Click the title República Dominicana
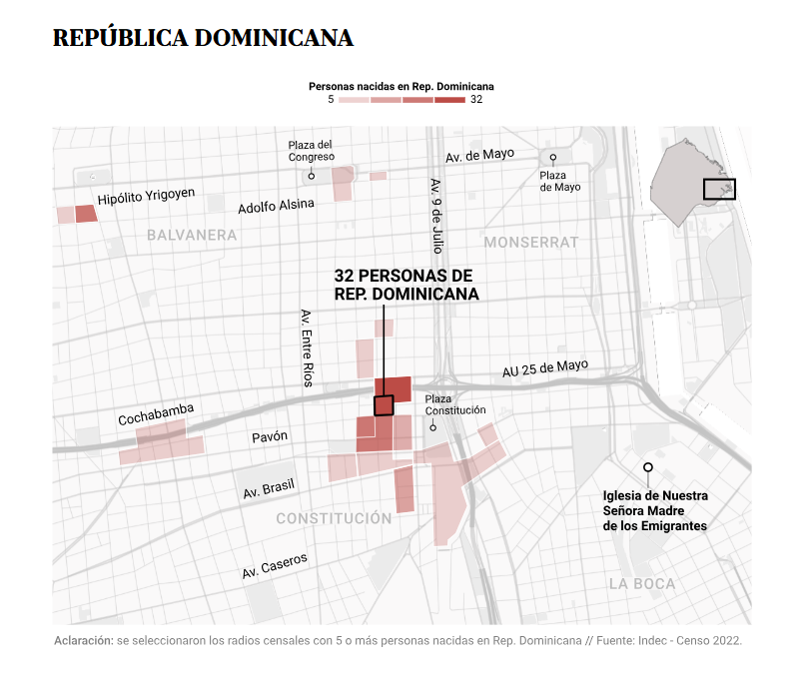point(203,38)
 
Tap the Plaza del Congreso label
point(311,151)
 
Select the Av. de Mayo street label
point(479,155)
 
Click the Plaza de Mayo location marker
point(552,159)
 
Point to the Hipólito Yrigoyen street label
point(146,197)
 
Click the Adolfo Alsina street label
point(276,207)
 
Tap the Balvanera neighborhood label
point(192,236)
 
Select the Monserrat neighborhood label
point(531,243)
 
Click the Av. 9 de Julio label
point(436,215)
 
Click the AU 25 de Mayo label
point(545,368)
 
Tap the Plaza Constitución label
point(455,404)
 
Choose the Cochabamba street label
point(156,414)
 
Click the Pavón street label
point(269,436)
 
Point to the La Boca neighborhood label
point(642,584)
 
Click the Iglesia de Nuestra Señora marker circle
point(648,467)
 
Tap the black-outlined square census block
point(384,404)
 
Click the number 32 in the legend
point(476,100)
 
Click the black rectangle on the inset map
point(719,188)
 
